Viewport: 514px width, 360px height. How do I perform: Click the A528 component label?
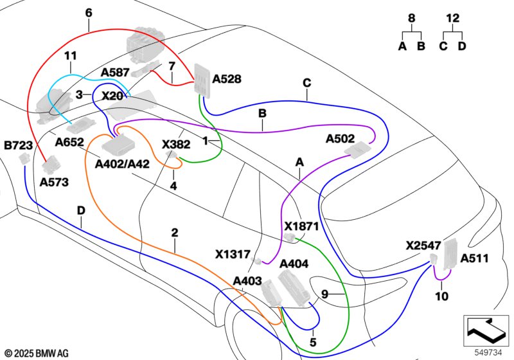(x=227, y=79)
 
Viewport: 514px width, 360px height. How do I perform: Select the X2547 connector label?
(x=423, y=246)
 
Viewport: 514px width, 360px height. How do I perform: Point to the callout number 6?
(x=89, y=13)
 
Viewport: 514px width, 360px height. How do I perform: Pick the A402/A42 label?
(x=122, y=164)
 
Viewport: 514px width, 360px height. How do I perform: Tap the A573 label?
(x=54, y=183)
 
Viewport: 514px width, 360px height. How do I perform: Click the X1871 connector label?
(x=301, y=227)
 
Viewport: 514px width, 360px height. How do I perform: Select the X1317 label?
(x=233, y=255)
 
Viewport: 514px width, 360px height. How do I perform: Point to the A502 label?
(x=341, y=138)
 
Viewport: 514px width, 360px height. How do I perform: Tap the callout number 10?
(x=441, y=296)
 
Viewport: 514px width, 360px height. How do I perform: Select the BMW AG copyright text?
(x=37, y=353)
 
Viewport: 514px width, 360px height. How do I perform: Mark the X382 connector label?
(x=175, y=145)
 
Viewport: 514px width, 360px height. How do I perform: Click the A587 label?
(x=115, y=73)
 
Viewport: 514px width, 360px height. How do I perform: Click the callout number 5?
(x=313, y=343)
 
